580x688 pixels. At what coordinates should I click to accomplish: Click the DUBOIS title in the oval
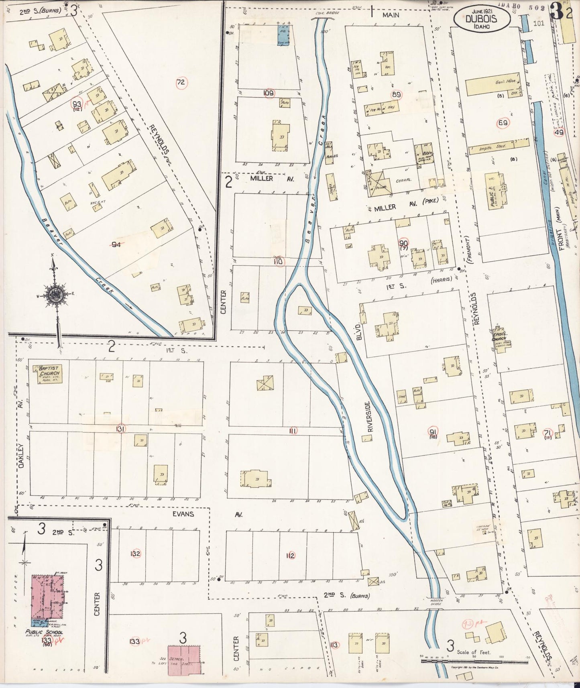coord(481,18)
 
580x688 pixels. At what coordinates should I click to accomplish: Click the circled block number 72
coord(181,83)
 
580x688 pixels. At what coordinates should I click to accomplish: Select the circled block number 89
coord(397,95)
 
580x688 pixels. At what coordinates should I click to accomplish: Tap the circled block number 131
coord(120,429)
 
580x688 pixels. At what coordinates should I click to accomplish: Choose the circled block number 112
coord(290,556)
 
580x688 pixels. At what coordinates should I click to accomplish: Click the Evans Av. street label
coord(183,514)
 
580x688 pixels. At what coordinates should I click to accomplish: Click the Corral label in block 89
coord(403,181)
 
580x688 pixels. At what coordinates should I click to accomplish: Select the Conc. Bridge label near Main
coord(327,13)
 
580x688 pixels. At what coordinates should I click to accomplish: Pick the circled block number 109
coord(269,93)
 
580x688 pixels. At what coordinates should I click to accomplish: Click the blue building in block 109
coord(285,35)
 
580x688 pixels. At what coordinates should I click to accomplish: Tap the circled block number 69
coord(503,123)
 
